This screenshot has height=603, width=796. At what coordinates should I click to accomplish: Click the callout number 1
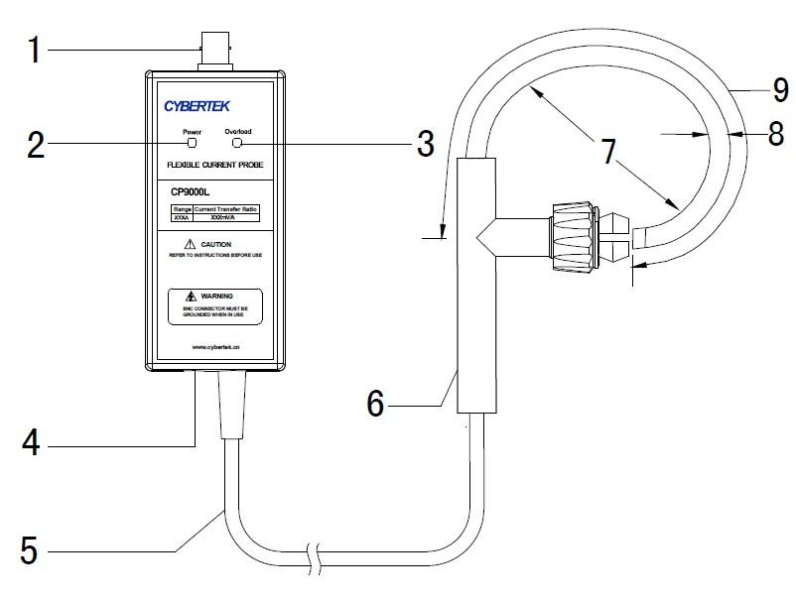(x=34, y=49)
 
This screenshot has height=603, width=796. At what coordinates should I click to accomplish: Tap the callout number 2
(x=35, y=145)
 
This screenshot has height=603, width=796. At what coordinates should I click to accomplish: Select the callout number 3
(x=424, y=145)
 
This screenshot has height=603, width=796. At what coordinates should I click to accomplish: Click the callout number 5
(x=33, y=547)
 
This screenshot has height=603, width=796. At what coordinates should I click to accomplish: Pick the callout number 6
(x=375, y=403)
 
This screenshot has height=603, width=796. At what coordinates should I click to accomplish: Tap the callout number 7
(x=606, y=151)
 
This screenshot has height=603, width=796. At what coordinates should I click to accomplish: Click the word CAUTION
(x=215, y=244)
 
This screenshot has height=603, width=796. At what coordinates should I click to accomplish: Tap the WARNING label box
(x=214, y=307)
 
